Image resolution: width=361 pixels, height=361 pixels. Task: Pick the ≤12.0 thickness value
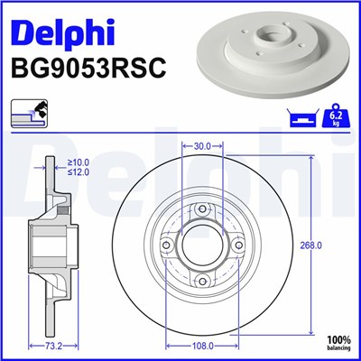(78, 171)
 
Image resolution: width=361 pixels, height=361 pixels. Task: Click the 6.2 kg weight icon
(336, 116)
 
